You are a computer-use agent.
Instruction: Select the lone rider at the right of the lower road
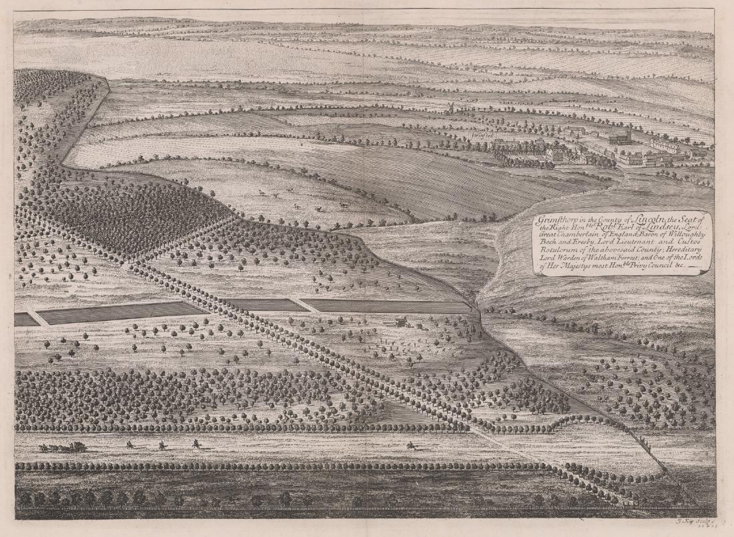pos(410,444)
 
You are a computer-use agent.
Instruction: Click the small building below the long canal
pos(401,323)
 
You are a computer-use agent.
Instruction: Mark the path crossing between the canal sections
pos(308,305)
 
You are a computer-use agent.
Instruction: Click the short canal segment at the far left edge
pos(25,320)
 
